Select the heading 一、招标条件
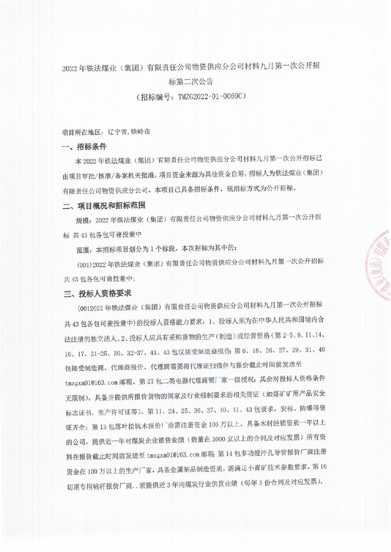tap(84, 147)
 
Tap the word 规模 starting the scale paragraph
tap(83, 220)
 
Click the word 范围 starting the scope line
tap(83, 249)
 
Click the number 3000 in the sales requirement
tap(220, 439)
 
